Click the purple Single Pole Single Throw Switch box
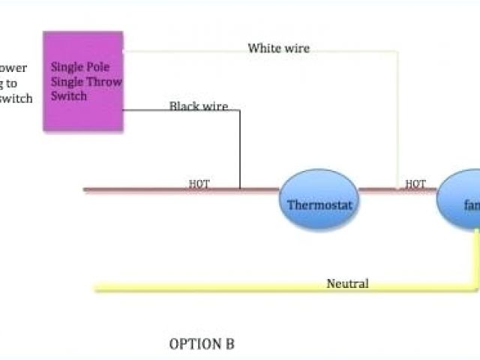click(x=82, y=81)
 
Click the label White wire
click(x=278, y=48)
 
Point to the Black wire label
click(x=198, y=106)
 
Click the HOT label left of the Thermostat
click(x=199, y=183)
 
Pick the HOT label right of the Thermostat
click(x=415, y=183)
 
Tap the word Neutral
click(x=347, y=283)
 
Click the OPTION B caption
click(x=202, y=344)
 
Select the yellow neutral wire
click(x=225, y=286)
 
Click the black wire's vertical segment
click(x=239, y=150)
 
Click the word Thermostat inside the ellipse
click(x=319, y=203)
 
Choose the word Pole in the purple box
click(x=98, y=66)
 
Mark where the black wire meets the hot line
click(x=239, y=189)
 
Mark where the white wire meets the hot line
click(x=397, y=189)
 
